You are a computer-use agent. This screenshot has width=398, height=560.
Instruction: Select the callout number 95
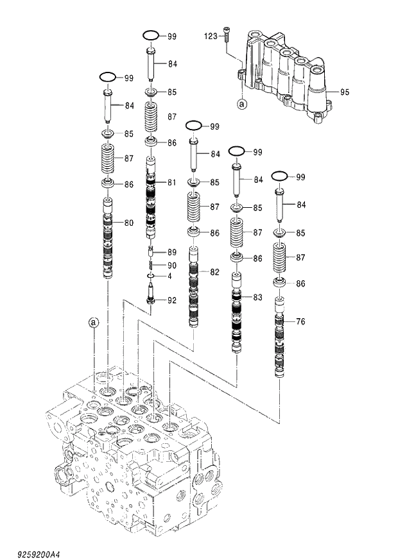click(x=345, y=92)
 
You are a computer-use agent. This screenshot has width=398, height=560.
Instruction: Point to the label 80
click(x=129, y=223)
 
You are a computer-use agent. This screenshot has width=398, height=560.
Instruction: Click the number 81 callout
click(x=172, y=183)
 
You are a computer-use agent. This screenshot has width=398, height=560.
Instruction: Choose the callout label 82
click(x=214, y=272)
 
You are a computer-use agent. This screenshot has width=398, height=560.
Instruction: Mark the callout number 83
click(x=257, y=297)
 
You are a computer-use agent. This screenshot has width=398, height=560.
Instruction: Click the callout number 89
click(x=172, y=252)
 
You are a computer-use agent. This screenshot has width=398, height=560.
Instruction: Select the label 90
click(x=172, y=265)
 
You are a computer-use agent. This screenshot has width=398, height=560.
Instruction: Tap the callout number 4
click(x=170, y=276)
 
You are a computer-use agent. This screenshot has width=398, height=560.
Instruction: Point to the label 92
click(x=172, y=300)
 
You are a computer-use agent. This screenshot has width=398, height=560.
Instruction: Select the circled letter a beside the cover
click(x=241, y=102)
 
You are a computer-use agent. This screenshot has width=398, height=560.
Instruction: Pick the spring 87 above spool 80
click(x=108, y=158)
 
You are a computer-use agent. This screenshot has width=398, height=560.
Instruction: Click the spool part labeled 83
click(x=237, y=318)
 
